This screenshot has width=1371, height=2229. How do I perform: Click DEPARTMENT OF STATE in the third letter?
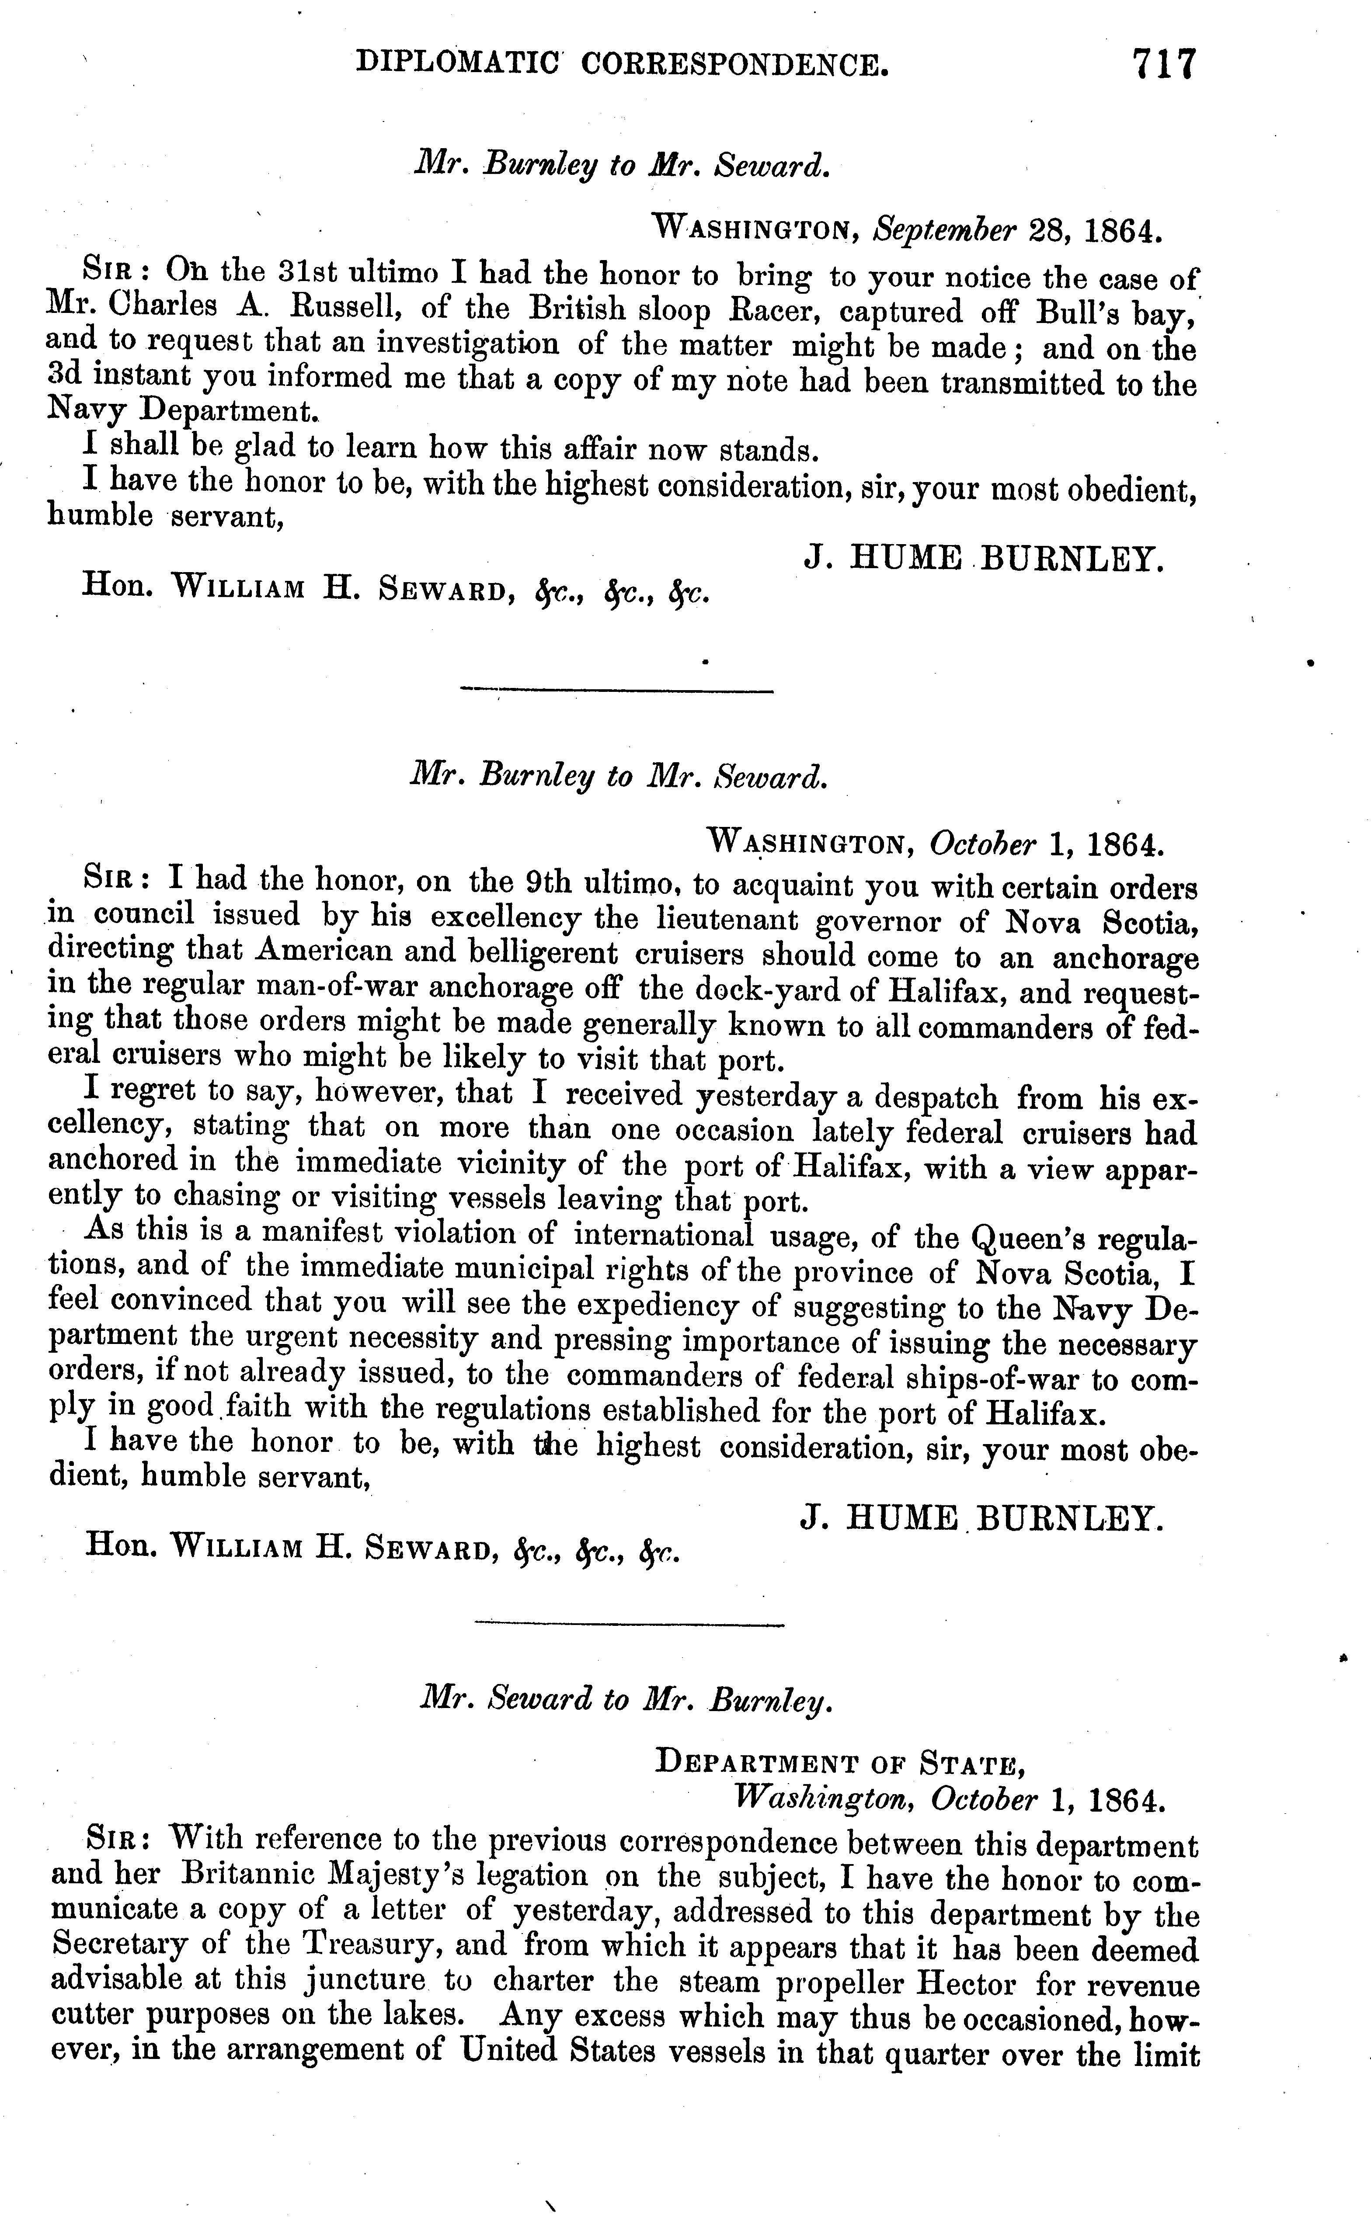point(840,1763)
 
